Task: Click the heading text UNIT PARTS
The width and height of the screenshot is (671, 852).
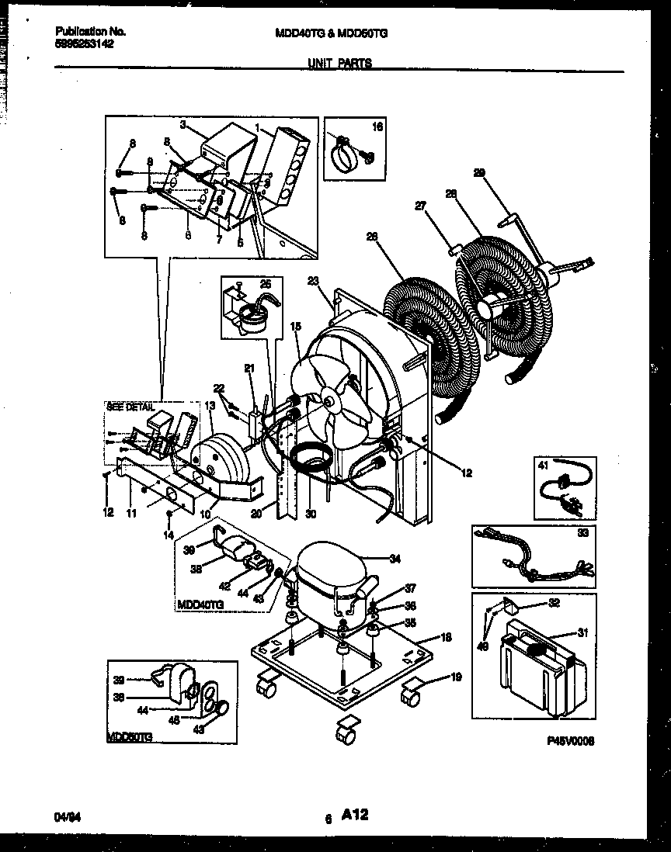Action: (339, 64)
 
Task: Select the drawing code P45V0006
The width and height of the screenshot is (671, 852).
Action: (571, 742)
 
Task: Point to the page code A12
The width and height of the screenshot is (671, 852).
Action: (353, 815)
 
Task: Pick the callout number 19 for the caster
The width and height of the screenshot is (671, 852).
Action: (456, 677)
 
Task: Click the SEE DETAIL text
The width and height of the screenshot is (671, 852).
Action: (130, 407)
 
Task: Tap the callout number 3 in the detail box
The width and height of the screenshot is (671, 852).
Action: (183, 123)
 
